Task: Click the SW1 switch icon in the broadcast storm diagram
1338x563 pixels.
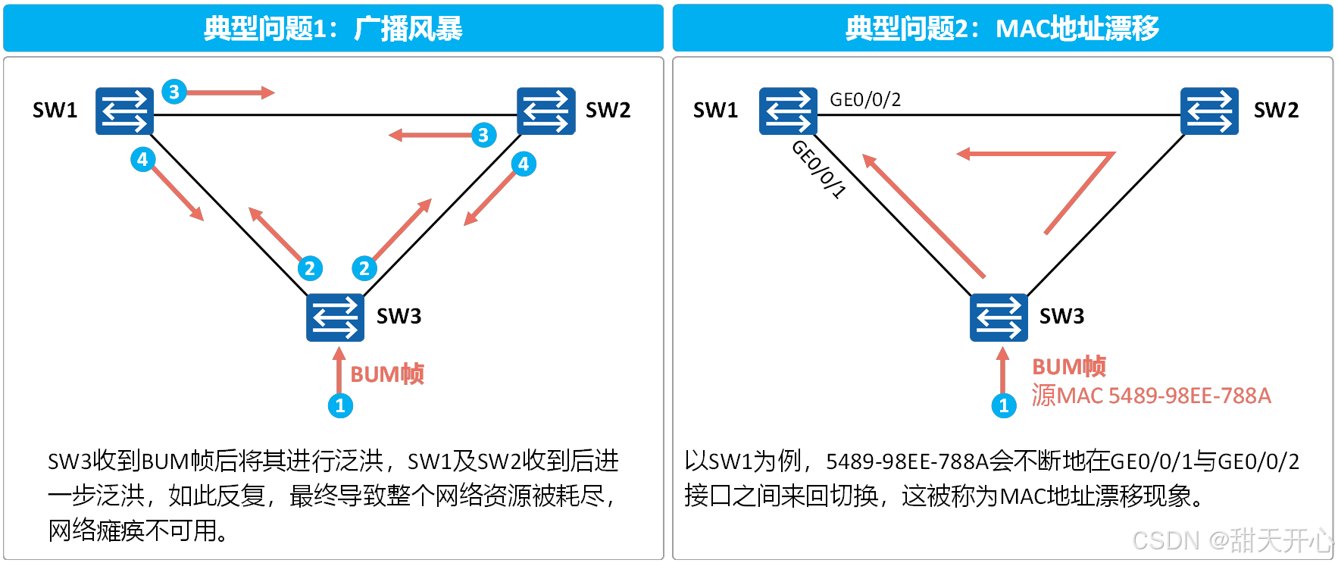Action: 124,111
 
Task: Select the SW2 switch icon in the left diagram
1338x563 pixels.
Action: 546,111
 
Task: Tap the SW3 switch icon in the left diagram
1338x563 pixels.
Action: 335,317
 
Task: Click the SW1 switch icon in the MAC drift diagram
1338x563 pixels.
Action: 788,111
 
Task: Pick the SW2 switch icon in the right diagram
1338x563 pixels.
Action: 1209,111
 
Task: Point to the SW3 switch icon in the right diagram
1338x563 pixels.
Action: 999,317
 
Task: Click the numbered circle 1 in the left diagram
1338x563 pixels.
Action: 340,405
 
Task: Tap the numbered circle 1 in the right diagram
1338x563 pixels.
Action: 1004,405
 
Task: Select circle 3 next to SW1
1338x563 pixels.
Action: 174,92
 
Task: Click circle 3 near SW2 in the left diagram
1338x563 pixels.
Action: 483,135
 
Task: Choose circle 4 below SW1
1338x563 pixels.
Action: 142,159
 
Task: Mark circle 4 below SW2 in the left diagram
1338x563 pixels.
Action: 524,164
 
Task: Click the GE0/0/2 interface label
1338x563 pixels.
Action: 865,99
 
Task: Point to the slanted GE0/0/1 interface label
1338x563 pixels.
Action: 818,169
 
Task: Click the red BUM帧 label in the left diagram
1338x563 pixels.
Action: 387,374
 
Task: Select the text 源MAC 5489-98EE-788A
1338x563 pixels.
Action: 1151,395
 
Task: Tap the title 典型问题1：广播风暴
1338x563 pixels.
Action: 333,29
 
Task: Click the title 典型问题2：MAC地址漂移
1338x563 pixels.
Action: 1002,29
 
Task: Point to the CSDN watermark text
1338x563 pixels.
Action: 1231,540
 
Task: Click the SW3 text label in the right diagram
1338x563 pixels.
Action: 1061,316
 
